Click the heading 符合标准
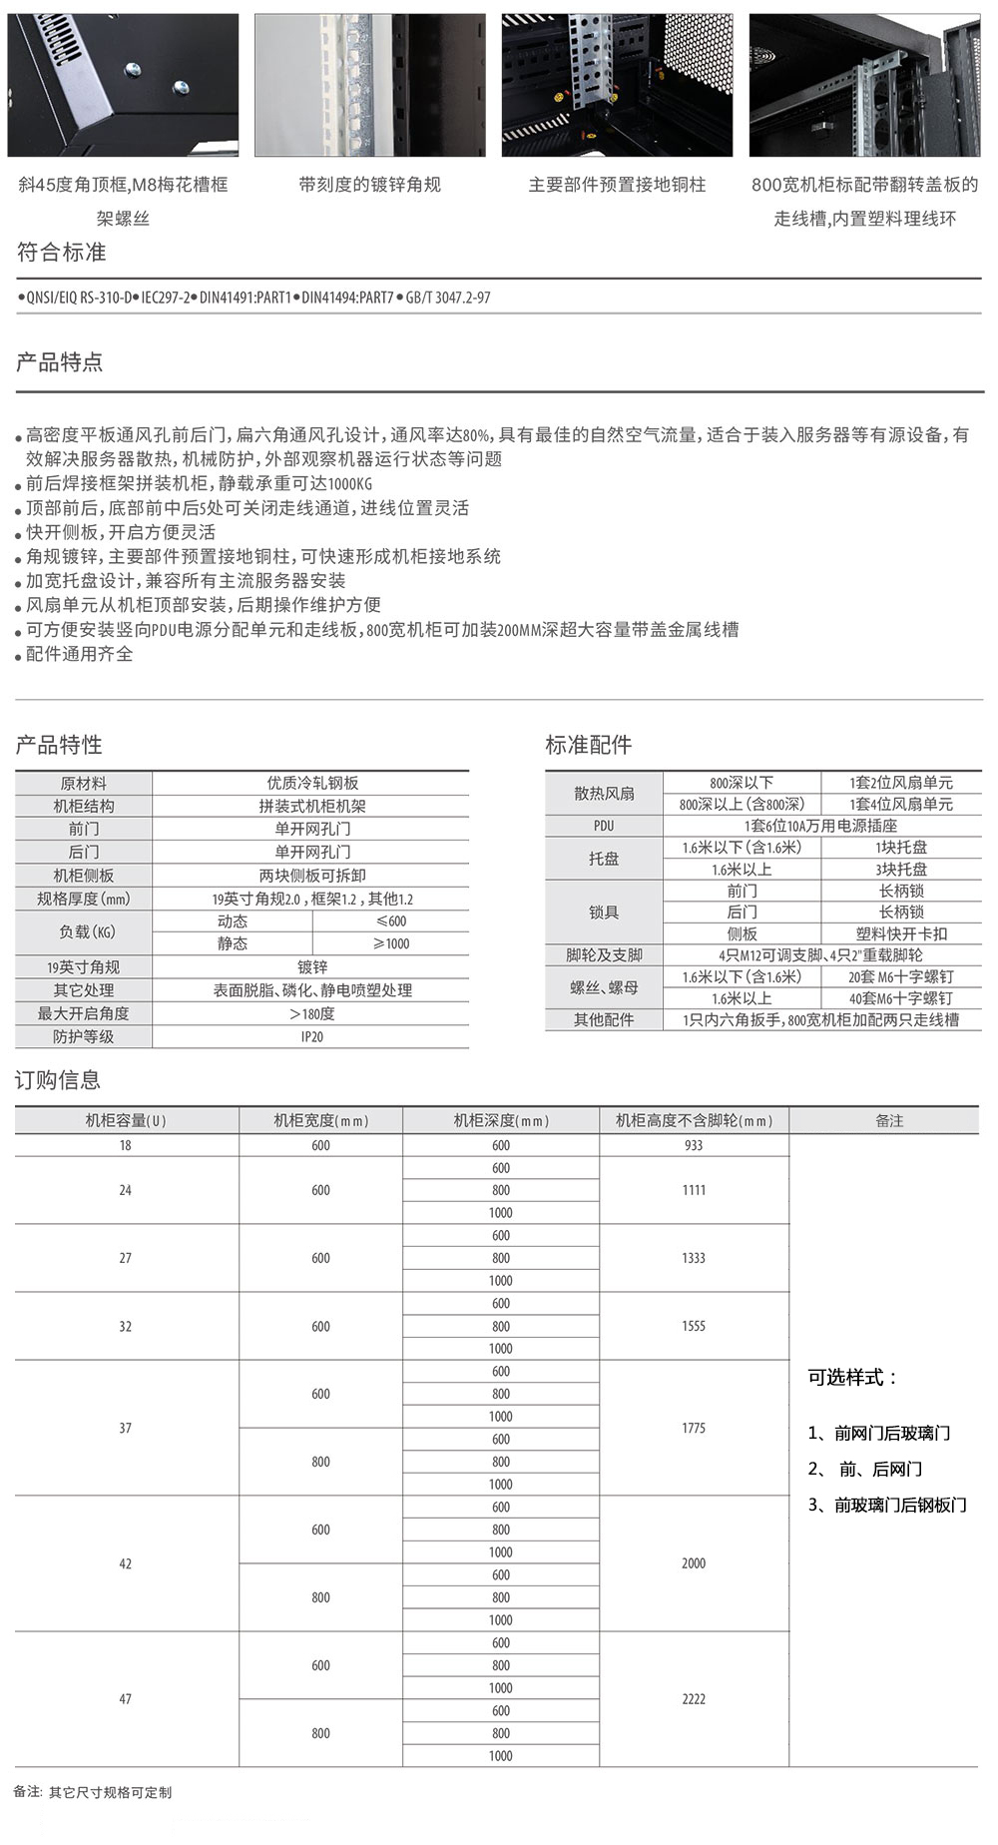click(x=62, y=253)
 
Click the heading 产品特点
click(x=60, y=362)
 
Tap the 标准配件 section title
click(x=588, y=745)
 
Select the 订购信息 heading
click(x=58, y=1080)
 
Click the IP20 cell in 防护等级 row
click(x=311, y=1037)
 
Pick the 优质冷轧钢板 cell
click(x=311, y=784)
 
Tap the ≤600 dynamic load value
click(x=390, y=922)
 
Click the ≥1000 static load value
click(x=390, y=943)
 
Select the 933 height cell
click(x=694, y=1145)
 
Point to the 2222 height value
click(x=694, y=1699)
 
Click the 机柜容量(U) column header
click(x=126, y=1121)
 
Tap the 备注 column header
click(x=888, y=1121)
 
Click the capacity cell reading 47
click(x=125, y=1699)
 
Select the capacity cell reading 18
click(x=125, y=1145)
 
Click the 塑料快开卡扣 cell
click(x=901, y=934)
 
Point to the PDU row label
click(x=604, y=827)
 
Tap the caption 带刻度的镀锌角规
click(x=369, y=185)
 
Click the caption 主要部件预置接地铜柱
click(x=617, y=185)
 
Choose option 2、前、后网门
click(x=865, y=1470)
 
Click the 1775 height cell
click(x=694, y=1429)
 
